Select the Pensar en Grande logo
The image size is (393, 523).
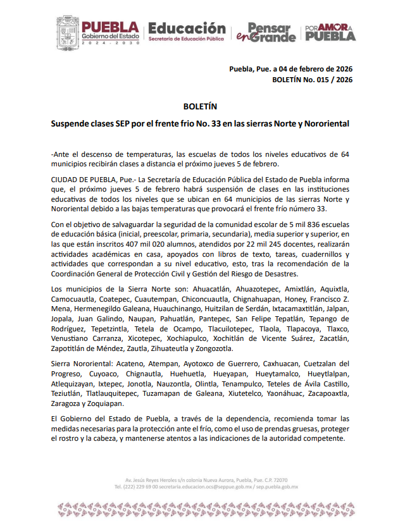point(265,32)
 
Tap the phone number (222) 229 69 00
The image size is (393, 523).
point(136,488)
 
